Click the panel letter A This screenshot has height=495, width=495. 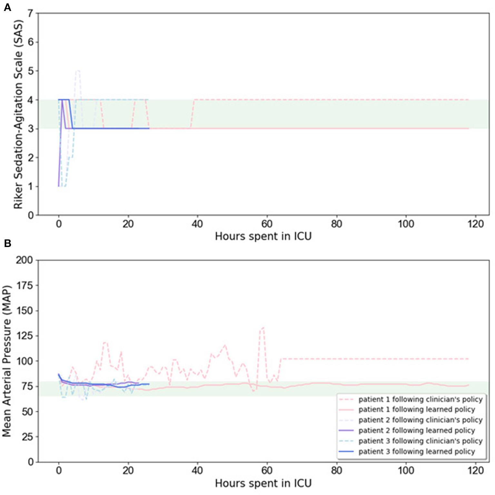coord(7,7)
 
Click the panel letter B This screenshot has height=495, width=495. coord(7,243)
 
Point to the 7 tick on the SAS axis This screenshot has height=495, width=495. coord(31,13)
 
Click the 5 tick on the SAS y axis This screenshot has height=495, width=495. coord(31,71)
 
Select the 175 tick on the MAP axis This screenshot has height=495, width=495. coord(25,285)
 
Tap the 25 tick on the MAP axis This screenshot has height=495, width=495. coord(27,437)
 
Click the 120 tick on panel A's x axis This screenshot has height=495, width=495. coord(475,224)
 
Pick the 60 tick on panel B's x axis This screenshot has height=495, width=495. coord(267,470)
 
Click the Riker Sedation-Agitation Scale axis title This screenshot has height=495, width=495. coord(18,114)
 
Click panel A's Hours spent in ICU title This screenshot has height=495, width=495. coord(263,236)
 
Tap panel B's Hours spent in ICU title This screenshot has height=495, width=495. coord(263,483)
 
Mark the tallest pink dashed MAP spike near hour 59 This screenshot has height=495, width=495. coord(263,328)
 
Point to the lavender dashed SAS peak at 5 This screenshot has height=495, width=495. coord(77,71)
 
